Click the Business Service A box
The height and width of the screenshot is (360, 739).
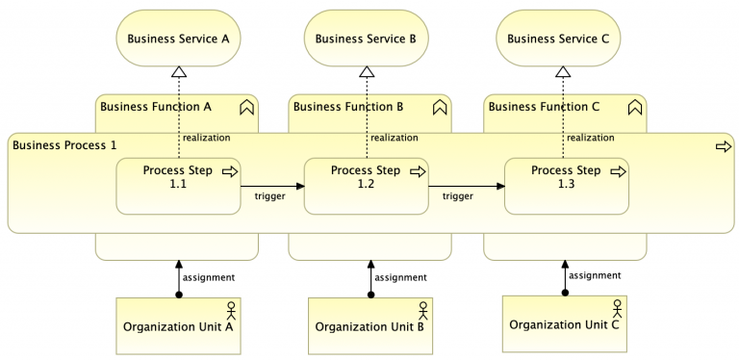coord(178,39)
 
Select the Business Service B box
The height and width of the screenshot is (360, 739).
coord(366,39)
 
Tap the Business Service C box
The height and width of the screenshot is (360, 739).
coord(558,39)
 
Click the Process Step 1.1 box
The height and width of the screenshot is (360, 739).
coord(178,185)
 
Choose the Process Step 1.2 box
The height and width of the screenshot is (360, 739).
coord(366,185)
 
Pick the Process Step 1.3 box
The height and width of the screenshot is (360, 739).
coord(566,185)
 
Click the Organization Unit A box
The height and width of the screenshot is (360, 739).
coord(178,325)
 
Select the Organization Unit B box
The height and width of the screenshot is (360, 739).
coord(369,325)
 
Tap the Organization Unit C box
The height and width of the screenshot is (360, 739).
coord(564,323)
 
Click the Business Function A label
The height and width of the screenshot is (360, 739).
coord(155,106)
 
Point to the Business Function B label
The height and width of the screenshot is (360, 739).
coord(348,106)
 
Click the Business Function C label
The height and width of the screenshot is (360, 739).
coord(544,106)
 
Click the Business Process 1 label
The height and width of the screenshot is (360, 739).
coord(65,144)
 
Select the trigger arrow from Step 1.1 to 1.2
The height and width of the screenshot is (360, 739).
coord(271,186)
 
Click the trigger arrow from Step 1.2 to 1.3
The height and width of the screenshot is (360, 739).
coord(466,186)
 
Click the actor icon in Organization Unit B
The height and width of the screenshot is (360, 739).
coord(422,310)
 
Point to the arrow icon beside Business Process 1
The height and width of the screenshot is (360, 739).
coord(723,146)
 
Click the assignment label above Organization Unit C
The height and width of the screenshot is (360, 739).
coord(595,274)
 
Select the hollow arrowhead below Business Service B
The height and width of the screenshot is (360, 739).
coord(367,71)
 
